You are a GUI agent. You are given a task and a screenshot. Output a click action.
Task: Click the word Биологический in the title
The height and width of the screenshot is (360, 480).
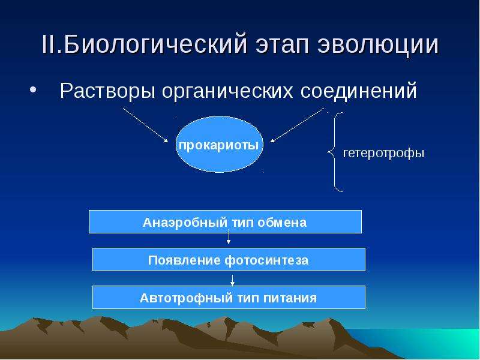pos(155,45)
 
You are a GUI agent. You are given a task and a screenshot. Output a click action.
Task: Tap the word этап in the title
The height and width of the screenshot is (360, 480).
pos(282,45)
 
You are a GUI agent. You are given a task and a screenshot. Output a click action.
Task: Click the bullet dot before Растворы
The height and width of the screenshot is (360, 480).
pos(33,90)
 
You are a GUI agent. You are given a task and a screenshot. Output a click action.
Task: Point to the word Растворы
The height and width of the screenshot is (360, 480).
pos(107,91)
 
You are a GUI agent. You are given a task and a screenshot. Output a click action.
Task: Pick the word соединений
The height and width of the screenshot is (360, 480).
pos(358,91)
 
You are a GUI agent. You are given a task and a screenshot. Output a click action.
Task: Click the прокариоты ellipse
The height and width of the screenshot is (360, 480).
pos(220,144)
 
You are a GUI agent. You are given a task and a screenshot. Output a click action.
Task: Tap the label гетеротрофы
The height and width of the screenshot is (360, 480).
pos(383,153)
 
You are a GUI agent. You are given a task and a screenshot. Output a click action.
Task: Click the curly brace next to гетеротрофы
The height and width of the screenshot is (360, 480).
pos(334,152)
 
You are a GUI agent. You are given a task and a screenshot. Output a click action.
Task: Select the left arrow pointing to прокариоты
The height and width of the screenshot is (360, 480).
pos(145,125)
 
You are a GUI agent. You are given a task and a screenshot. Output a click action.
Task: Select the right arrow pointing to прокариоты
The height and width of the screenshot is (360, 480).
pos(297,125)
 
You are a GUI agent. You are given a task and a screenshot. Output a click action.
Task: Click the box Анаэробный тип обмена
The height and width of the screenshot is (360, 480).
pos(225,221)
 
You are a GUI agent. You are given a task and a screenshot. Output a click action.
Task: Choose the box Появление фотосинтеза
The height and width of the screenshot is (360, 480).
pos(229,260)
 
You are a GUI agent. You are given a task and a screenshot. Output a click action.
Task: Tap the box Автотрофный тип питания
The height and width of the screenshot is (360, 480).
pos(229,297)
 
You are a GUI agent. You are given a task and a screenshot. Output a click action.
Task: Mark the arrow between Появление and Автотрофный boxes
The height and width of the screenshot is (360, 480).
pos(232,280)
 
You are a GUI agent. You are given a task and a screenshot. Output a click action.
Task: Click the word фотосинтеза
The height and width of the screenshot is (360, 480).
pos(266,260)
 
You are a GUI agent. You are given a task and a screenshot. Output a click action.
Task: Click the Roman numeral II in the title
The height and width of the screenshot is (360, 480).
pos(48,44)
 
